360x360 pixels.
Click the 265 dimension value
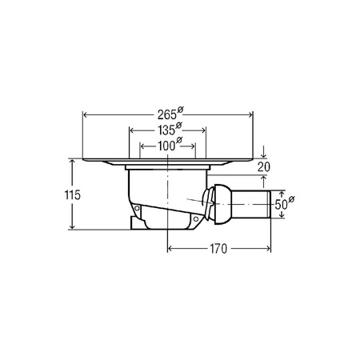tap(167, 115)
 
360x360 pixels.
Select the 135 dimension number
tap(166, 130)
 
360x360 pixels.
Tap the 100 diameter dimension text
tap(166, 146)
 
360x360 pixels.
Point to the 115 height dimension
tap(73, 195)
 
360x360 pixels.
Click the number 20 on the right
tap(264, 167)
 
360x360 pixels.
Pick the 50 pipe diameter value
tap(281, 205)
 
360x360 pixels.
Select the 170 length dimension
tap(218, 249)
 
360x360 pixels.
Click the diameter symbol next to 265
tap(180, 110)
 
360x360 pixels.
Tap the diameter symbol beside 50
tap(291, 199)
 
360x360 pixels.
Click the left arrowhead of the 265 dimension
tap(86, 115)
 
